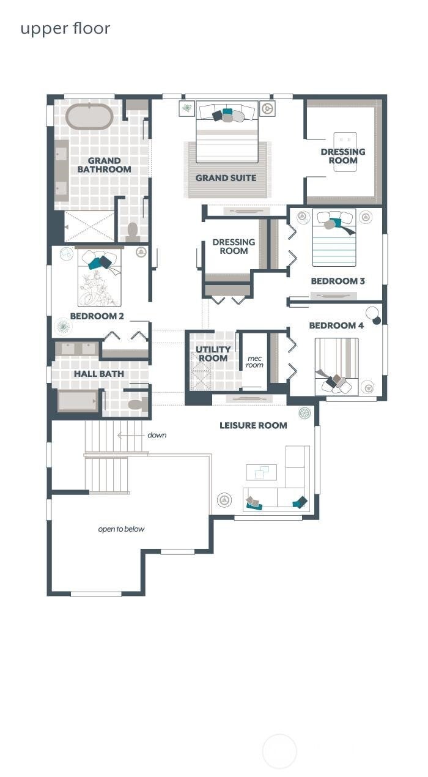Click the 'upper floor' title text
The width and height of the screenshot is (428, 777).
(65, 29)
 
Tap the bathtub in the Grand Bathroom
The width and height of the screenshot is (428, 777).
(89, 116)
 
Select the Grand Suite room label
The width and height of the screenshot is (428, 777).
(226, 178)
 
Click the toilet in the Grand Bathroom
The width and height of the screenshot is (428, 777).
(133, 232)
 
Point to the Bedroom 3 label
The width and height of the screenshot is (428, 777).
(338, 281)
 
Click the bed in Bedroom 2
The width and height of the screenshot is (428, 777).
(100, 278)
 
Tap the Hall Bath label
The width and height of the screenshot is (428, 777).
(99, 374)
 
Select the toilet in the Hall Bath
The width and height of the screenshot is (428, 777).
(138, 404)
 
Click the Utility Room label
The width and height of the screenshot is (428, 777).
(213, 354)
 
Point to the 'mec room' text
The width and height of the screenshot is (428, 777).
(255, 362)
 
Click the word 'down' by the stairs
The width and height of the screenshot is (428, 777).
(157, 435)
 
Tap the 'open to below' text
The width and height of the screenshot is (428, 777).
(121, 529)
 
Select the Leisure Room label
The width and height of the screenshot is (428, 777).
(253, 425)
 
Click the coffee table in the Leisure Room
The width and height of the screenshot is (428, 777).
(261, 472)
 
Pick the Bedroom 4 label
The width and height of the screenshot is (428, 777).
(336, 325)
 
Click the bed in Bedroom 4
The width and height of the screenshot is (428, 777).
(336, 366)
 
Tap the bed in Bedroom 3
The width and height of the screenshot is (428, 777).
(334, 237)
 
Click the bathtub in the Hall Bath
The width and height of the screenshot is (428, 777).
(78, 401)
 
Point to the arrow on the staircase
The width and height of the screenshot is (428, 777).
(131, 435)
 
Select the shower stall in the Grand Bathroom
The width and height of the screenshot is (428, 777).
(89, 226)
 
